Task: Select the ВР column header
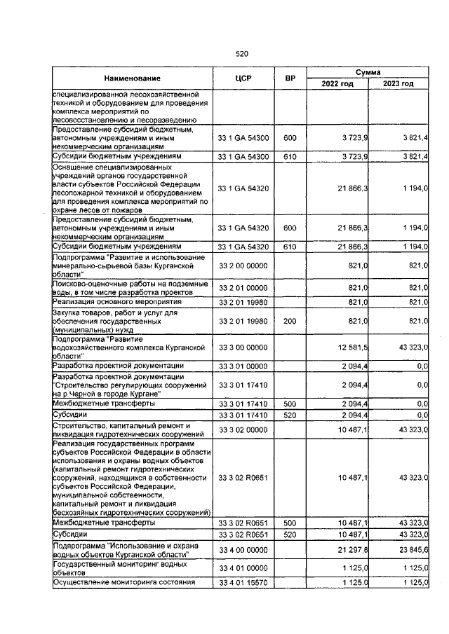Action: click(x=289, y=78)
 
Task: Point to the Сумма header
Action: click(x=368, y=72)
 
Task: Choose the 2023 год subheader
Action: click(x=398, y=84)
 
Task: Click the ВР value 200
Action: click(x=289, y=320)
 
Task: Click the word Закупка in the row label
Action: click(x=71, y=312)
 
